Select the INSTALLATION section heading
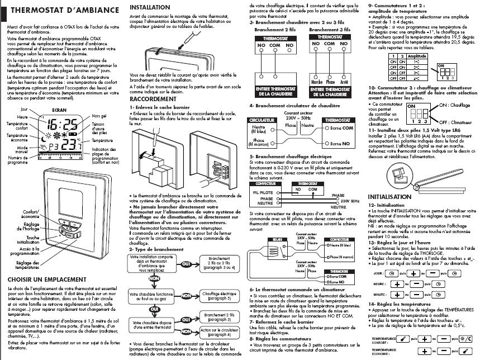[x=150, y=7]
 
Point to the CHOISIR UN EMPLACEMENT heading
[x=47, y=279]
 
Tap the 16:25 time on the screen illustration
[x=61, y=124]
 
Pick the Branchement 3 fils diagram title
[x=329, y=29]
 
